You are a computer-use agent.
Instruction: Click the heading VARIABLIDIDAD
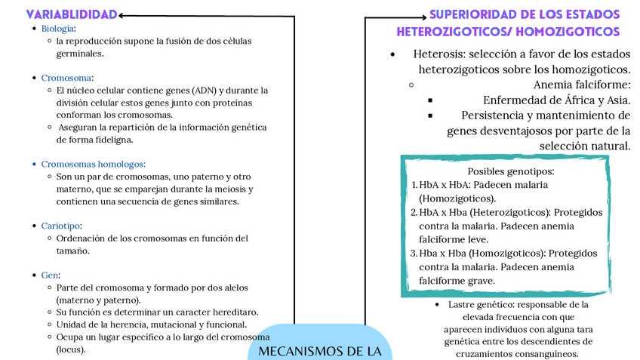point(72,14)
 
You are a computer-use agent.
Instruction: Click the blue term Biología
point(57,29)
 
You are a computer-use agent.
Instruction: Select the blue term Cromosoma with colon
point(67,78)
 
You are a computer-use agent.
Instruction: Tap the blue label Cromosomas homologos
point(93,164)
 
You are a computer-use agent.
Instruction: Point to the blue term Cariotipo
point(61,226)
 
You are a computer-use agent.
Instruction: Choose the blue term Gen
point(51,275)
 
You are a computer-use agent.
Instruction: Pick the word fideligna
point(112,140)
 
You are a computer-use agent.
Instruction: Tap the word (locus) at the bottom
point(71,349)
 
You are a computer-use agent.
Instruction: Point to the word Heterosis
point(438,54)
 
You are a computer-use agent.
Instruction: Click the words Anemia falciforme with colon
point(581,85)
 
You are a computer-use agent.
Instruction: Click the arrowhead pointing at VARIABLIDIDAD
point(123,14)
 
